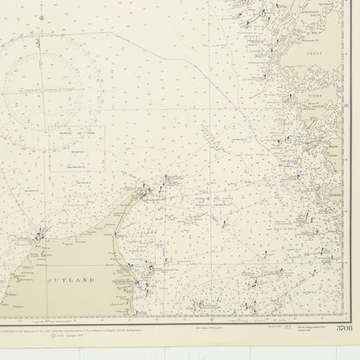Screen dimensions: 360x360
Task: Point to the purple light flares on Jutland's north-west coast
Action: click(39, 233)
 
